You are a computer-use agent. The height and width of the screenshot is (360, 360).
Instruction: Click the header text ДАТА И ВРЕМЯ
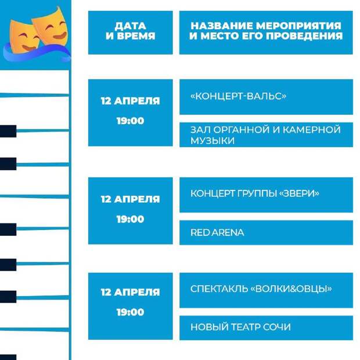[x=131, y=31]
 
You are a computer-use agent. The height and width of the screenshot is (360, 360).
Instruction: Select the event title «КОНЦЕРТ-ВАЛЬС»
[x=238, y=96]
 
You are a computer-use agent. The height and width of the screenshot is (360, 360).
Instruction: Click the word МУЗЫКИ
[x=213, y=141]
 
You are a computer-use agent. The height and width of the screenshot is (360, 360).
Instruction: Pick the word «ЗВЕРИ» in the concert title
[x=299, y=193]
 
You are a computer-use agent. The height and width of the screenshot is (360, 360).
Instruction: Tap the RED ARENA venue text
[x=217, y=233]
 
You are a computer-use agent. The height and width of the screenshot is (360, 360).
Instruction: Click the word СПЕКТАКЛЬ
[x=219, y=289]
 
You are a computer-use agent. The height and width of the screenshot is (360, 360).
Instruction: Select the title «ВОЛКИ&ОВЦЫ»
[x=291, y=289]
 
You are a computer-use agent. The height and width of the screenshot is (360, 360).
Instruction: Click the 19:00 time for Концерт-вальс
[x=131, y=121]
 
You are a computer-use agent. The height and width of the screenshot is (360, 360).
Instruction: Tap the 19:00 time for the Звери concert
[x=131, y=219]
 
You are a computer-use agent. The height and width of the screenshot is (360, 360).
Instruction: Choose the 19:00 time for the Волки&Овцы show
[x=131, y=312]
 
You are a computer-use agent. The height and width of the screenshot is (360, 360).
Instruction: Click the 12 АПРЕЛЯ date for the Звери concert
[x=131, y=199]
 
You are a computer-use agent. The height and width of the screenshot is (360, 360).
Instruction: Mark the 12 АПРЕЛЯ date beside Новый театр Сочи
[x=131, y=292]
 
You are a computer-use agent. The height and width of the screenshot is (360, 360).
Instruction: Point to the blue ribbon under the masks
[x=37, y=54]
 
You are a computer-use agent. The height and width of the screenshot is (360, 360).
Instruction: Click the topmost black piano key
[x=8, y=131]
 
